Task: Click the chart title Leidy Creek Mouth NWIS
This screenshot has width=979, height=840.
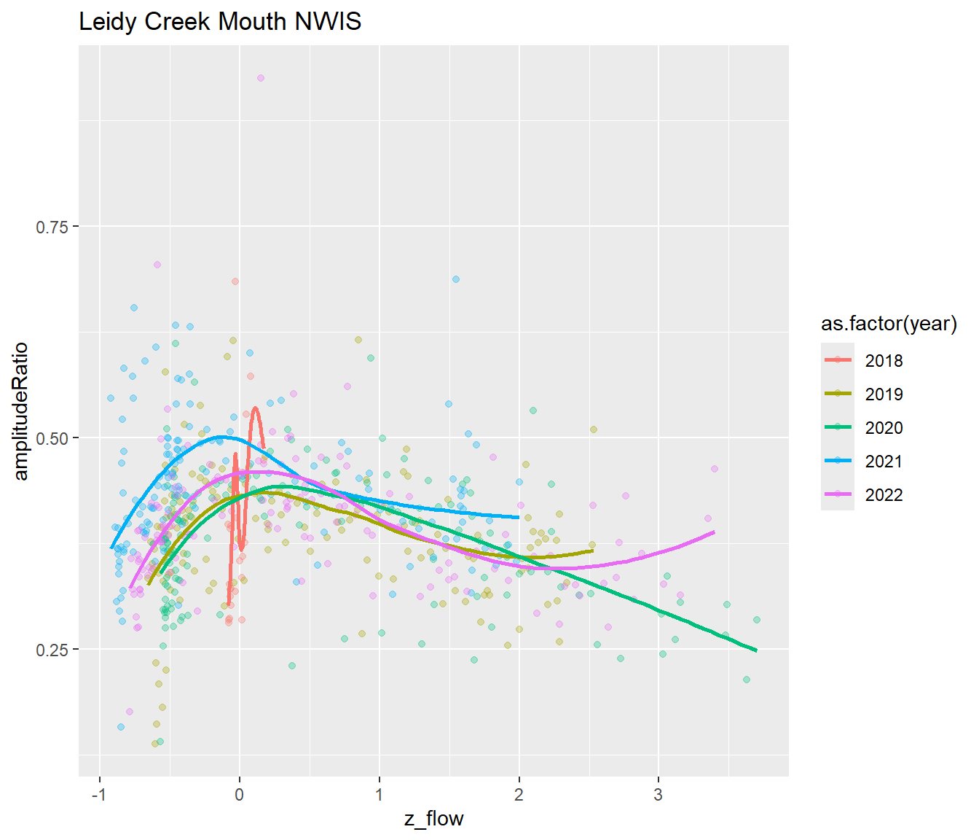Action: click(220, 22)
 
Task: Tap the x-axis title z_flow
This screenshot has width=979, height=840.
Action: click(433, 819)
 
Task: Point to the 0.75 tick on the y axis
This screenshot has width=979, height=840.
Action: click(52, 227)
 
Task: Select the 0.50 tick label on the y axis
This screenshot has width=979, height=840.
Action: click(52, 438)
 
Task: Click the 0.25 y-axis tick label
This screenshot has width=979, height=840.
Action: click(52, 650)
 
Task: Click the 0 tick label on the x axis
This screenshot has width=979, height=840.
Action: click(240, 795)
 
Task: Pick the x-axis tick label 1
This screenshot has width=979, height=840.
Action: click(379, 795)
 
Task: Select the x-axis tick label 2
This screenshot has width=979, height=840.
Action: click(519, 795)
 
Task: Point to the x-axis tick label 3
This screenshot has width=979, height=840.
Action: click(658, 795)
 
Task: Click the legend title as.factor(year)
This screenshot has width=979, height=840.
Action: click(889, 324)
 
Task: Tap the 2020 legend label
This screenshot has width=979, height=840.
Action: click(884, 428)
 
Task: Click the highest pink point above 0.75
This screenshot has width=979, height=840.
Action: click(260, 78)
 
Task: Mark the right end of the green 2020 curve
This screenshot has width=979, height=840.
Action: click(756, 650)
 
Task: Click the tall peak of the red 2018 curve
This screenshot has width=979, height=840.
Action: click(256, 408)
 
